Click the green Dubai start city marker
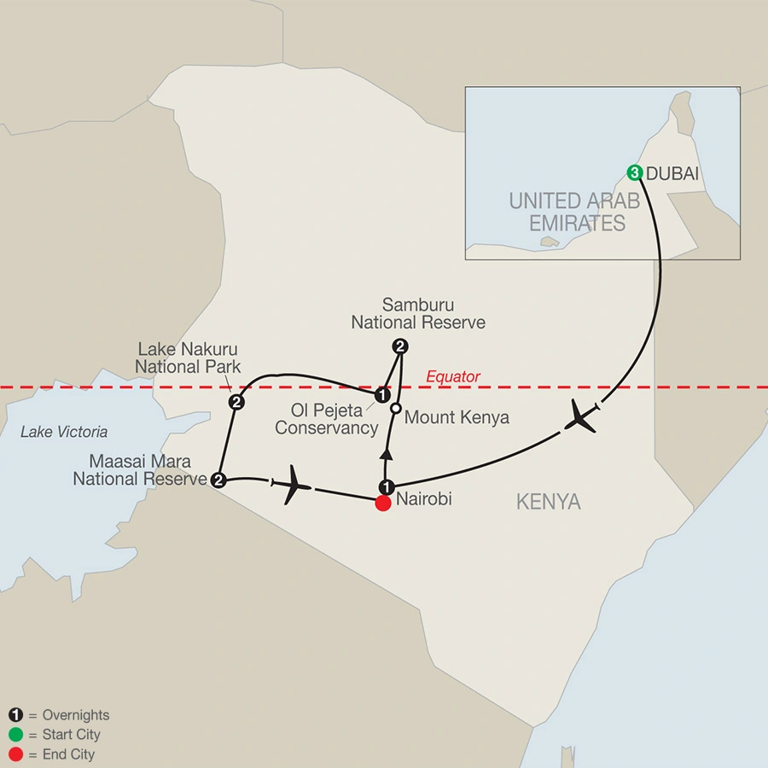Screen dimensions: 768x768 click(635, 172)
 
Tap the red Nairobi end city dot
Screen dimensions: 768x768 click(383, 503)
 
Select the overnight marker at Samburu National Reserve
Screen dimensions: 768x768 click(399, 346)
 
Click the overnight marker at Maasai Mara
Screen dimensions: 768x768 click(218, 480)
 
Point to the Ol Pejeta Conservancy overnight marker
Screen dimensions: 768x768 click(383, 395)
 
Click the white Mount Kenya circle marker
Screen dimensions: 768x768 click(395, 410)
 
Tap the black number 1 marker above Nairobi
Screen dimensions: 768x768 click(386, 486)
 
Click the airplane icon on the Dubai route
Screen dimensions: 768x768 click(581, 417)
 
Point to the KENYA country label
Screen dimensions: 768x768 click(548, 502)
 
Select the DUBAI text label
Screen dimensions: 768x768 click(673, 173)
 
